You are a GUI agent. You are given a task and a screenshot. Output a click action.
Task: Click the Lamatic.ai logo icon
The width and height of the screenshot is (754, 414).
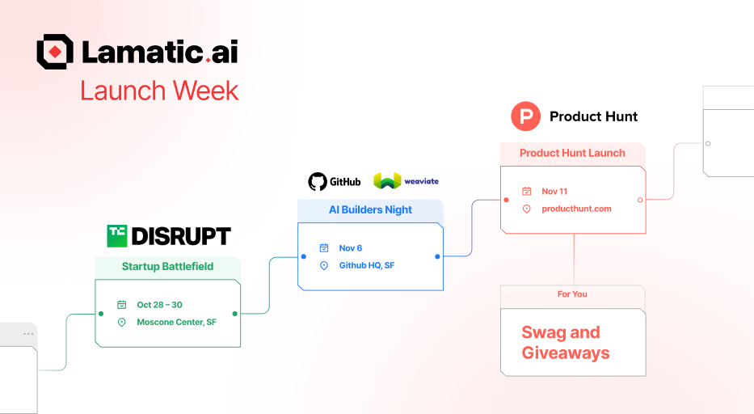coord(55,52)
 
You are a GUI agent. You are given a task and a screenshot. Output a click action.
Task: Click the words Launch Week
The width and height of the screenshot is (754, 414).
coord(159,91)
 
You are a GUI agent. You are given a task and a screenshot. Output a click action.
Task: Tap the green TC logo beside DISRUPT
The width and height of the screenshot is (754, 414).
coord(117,235)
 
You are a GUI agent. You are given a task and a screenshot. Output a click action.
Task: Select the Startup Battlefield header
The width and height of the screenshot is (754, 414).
coord(167,267)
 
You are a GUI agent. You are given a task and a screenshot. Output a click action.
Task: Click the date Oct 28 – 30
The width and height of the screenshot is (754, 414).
coord(159,305)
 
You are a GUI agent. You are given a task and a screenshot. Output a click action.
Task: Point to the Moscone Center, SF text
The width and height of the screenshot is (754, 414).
coord(176,322)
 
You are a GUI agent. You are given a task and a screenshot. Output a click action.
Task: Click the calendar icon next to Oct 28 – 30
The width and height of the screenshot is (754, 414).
coord(122,305)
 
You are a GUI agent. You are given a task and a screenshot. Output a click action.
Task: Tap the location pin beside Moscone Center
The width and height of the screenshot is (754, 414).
coord(122,322)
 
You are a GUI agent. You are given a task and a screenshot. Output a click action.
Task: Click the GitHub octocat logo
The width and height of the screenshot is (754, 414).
coord(318,181)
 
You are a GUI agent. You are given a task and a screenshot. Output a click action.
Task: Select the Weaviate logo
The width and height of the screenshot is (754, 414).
coord(387,181)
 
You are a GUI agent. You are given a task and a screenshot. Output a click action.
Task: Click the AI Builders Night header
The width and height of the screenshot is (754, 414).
coord(370,210)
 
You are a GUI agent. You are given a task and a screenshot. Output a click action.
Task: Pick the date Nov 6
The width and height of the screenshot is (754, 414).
coord(351,248)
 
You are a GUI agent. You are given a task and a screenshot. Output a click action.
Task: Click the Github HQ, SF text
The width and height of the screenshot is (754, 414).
coord(366,265)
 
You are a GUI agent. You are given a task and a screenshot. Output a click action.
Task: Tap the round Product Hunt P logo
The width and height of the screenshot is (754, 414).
coord(525,116)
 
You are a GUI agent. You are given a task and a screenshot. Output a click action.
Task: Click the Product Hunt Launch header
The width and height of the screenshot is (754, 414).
coord(572,154)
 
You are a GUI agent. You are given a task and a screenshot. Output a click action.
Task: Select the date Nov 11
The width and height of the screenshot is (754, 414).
coord(554,192)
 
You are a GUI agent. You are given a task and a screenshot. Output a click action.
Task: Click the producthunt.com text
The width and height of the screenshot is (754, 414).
coord(576,209)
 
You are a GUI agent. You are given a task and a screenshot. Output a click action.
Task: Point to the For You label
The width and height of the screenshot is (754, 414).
coord(572,294)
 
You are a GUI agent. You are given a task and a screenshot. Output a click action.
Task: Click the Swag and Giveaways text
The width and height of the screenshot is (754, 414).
coord(566,343)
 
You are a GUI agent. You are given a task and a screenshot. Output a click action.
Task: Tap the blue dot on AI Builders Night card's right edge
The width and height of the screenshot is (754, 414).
coord(437,256)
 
